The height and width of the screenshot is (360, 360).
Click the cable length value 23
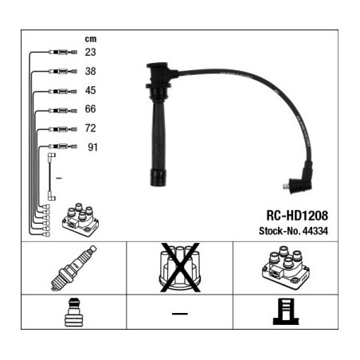click(90, 52)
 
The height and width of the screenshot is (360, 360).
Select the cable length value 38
click(90, 71)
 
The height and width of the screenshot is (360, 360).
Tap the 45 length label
click(90, 90)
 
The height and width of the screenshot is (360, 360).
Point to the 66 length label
click(90, 109)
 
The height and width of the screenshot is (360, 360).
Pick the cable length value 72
click(90, 128)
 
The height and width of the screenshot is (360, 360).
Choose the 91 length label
click(92, 147)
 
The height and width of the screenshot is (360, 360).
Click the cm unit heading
click(91, 39)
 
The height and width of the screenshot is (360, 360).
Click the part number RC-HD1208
click(297, 216)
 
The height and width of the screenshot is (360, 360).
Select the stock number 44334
click(315, 231)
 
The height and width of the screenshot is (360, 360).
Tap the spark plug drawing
click(73, 268)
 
